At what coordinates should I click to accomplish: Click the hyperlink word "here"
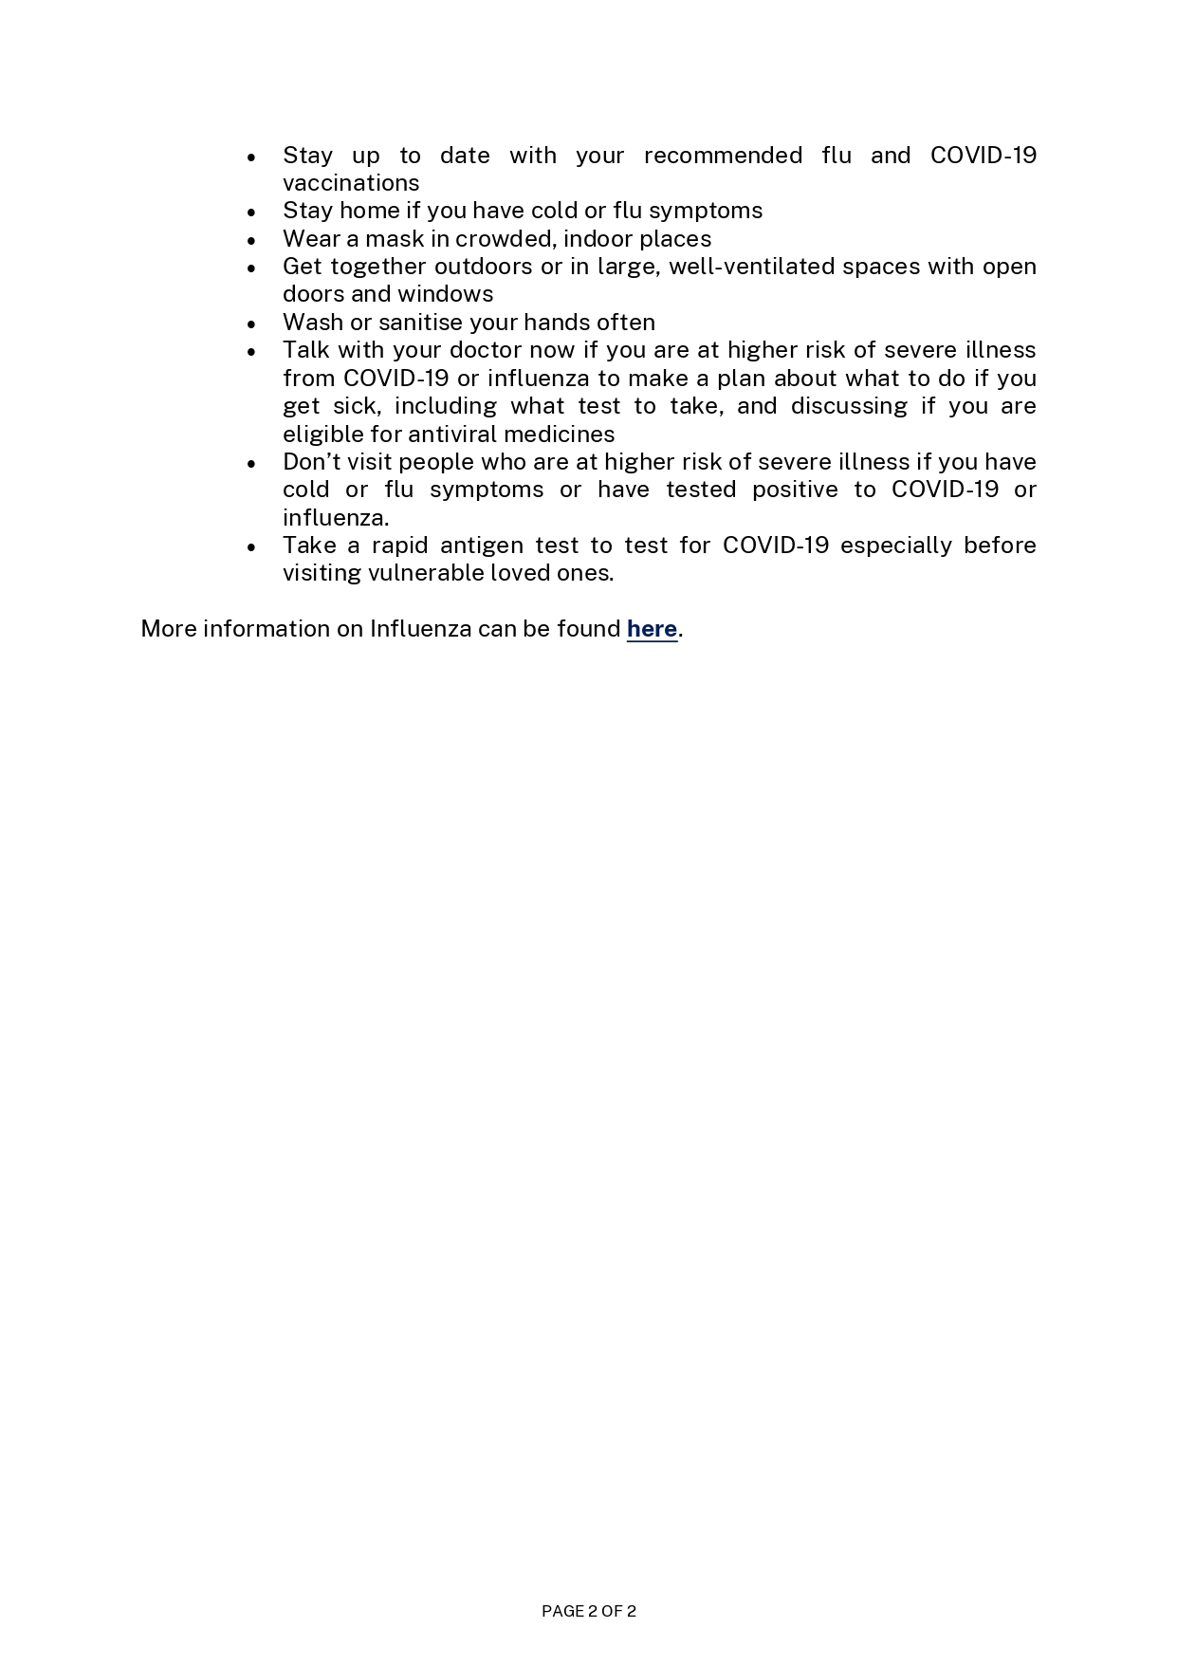click(652, 629)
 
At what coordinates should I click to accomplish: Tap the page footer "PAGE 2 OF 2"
click(588, 1610)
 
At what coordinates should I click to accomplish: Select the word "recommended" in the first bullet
click(723, 156)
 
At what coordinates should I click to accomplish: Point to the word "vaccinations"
click(351, 183)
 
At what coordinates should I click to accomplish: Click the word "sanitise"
click(421, 323)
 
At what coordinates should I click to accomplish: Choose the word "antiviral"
click(451, 435)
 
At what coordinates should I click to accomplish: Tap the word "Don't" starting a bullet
click(309, 462)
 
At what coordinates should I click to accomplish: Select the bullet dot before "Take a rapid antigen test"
click(251, 547)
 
